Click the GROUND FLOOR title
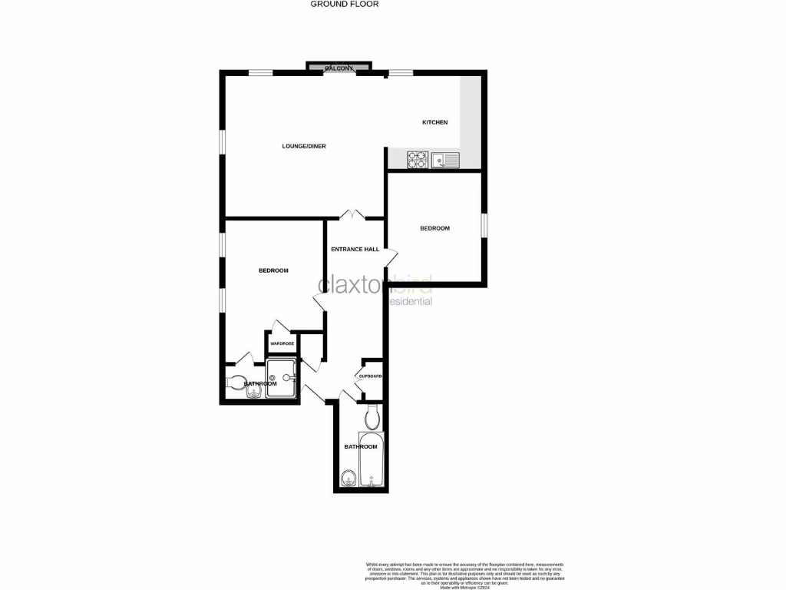tap(345, 4)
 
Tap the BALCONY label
tap(339, 68)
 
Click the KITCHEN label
tap(434, 123)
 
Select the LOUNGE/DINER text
tap(299, 146)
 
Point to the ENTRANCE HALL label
tap(355, 250)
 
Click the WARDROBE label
tap(282, 343)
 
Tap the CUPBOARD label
tap(370, 376)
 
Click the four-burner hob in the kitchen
tap(418, 160)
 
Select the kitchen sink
tap(445, 160)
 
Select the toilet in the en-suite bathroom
tap(236, 382)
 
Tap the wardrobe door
tap(278, 326)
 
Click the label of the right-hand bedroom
tap(434, 228)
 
